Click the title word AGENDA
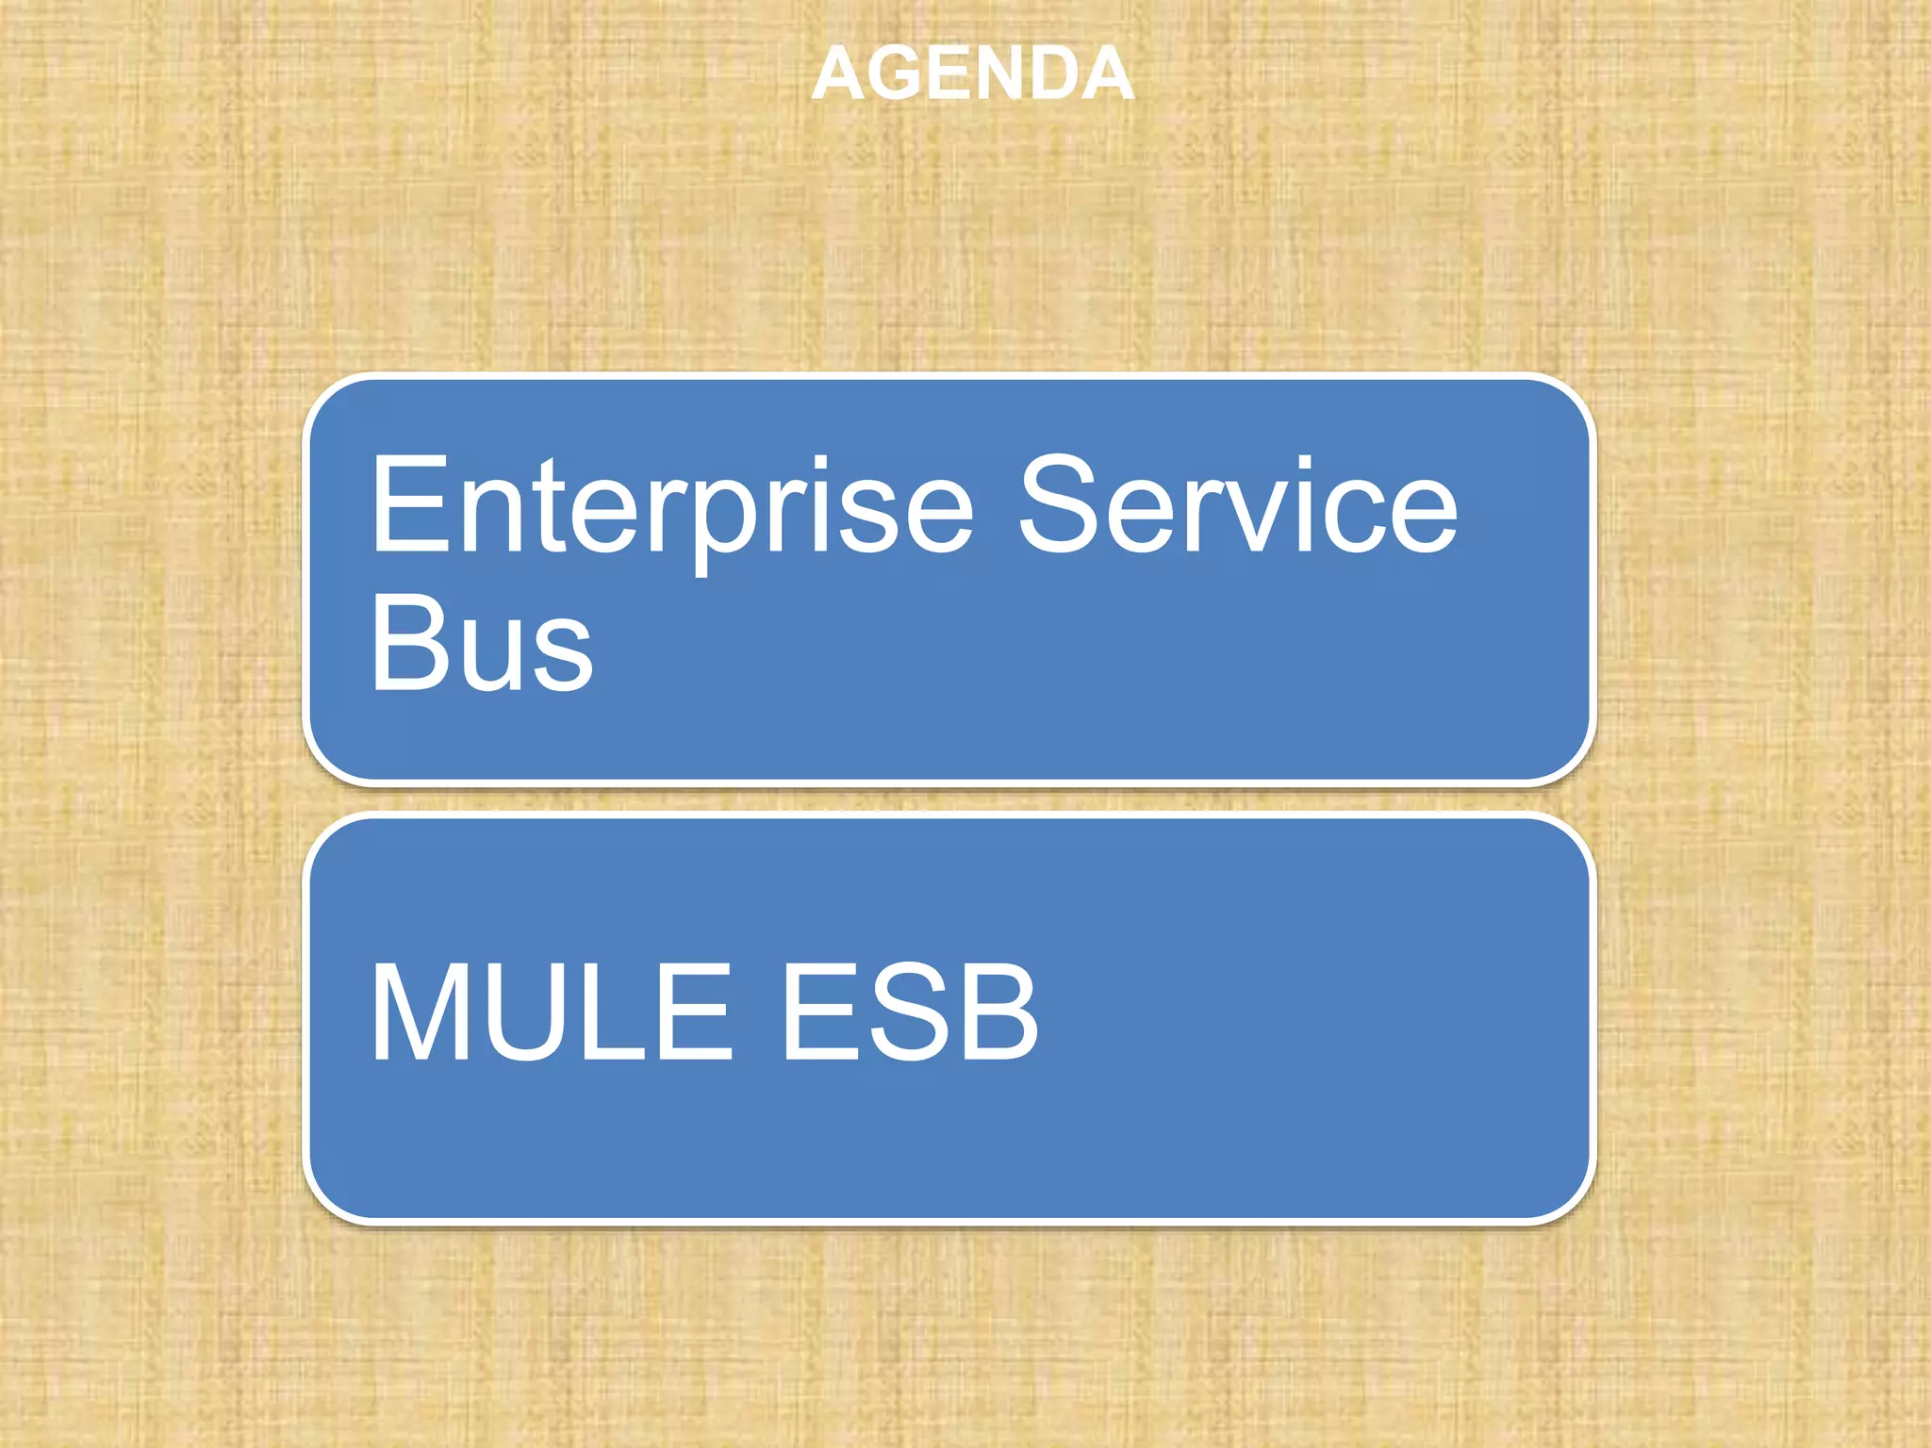(x=972, y=74)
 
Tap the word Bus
(x=482, y=644)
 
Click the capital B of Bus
(x=408, y=644)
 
